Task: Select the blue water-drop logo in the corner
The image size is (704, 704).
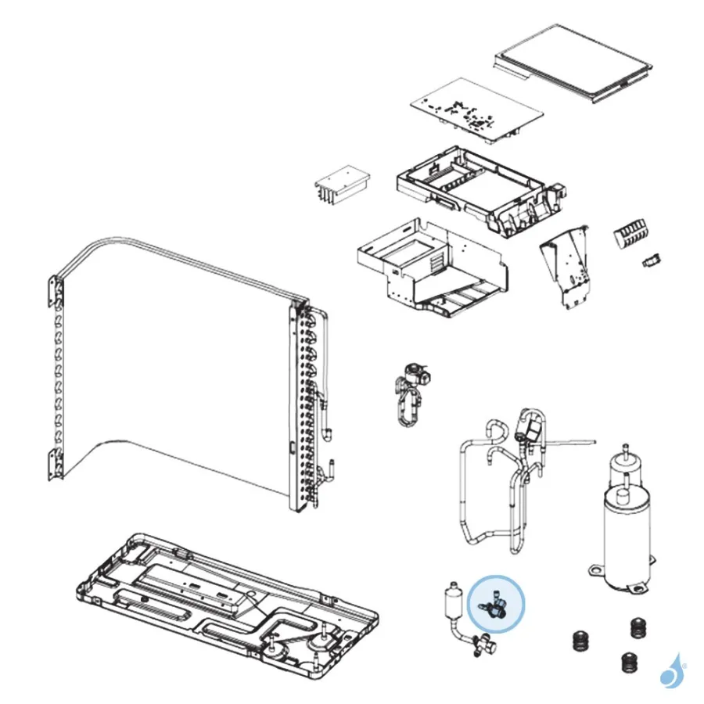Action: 670,670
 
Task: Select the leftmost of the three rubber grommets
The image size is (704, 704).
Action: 579,639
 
